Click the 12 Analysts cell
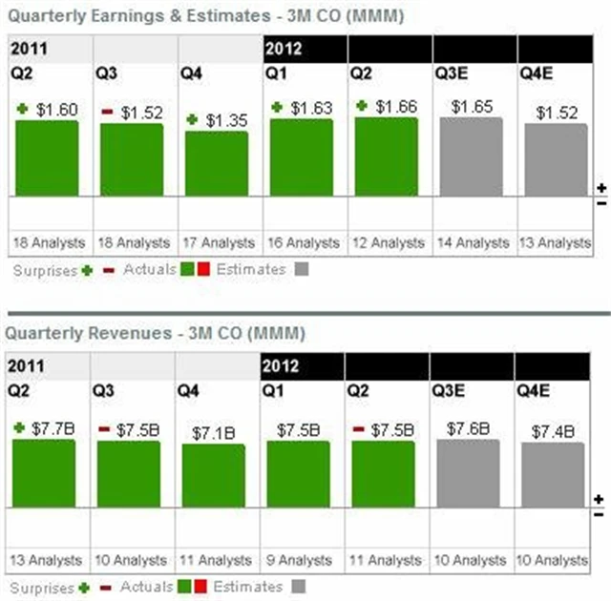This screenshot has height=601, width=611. (x=386, y=242)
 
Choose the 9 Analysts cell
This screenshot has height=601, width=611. (x=298, y=560)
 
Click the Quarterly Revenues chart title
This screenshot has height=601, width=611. (x=155, y=334)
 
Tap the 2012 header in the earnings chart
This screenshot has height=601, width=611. (x=283, y=49)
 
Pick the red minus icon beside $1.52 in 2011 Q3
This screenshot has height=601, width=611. (x=107, y=113)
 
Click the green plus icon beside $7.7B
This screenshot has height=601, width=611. (x=20, y=428)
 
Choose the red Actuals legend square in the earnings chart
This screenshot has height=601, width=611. (x=204, y=270)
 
